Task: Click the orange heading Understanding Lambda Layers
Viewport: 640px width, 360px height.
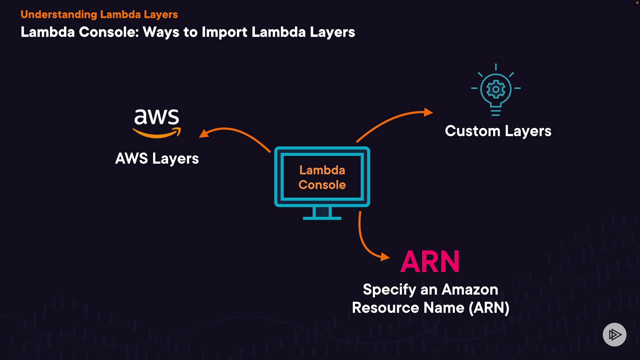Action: [x=99, y=14]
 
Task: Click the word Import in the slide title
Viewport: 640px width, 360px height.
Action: [x=224, y=32]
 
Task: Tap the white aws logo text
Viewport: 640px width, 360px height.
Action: [x=157, y=117]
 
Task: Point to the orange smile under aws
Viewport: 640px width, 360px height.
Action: [x=157, y=134]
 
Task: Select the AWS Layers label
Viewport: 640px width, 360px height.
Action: [x=157, y=158]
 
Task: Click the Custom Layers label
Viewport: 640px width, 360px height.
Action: [x=498, y=131]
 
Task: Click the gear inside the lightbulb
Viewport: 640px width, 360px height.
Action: [x=496, y=89]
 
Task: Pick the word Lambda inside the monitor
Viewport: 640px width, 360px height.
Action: [x=322, y=170]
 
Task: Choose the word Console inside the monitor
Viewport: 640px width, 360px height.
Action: [x=322, y=185]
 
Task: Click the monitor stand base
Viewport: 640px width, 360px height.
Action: [x=322, y=218]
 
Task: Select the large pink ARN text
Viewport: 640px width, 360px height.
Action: [x=430, y=262]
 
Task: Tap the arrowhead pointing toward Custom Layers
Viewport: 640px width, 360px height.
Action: [x=428, y=112]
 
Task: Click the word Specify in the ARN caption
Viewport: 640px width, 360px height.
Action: [x=389, y=289]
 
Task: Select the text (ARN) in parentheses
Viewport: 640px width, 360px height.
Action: [x=489, y=307]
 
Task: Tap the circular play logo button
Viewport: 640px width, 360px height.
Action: [x=614, y=334]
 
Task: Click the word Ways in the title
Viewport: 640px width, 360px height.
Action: [x=161, y=32]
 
